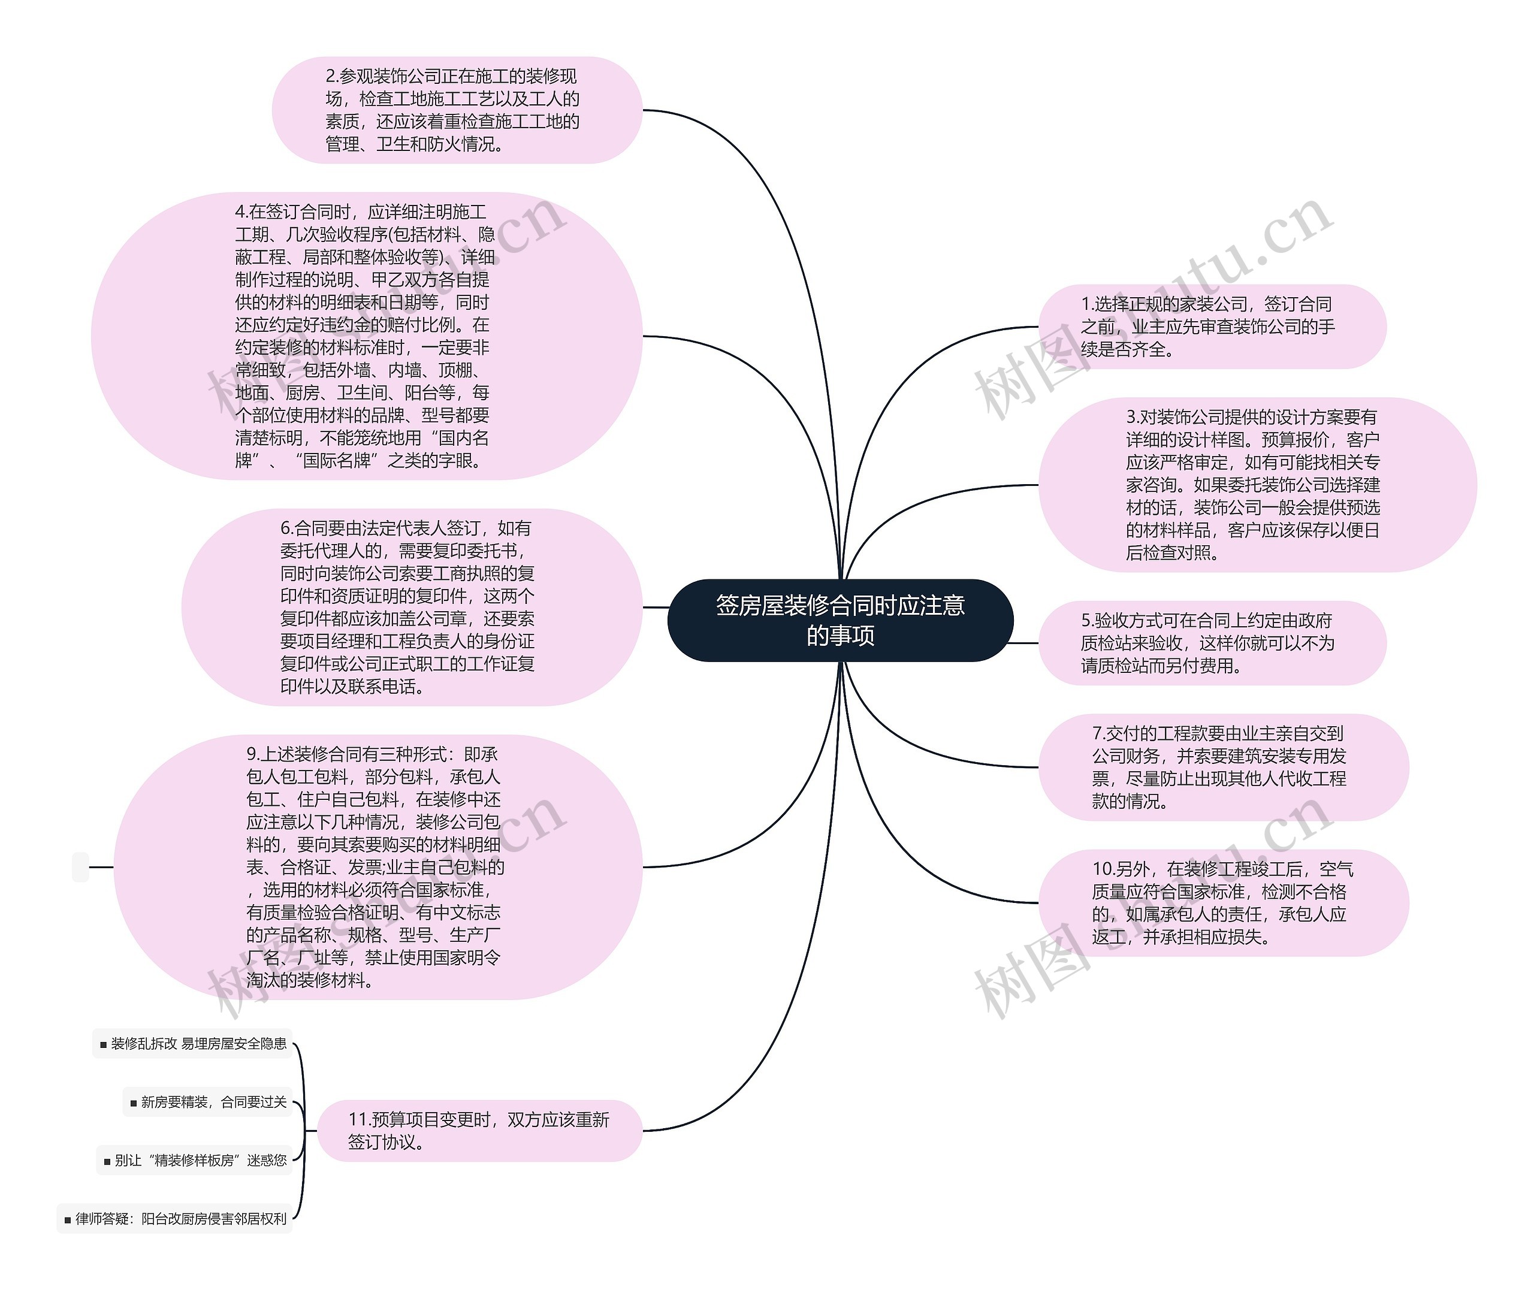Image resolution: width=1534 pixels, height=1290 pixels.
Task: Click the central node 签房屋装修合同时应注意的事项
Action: click(840, 620)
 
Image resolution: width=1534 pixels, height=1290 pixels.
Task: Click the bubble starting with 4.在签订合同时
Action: click(366, 336)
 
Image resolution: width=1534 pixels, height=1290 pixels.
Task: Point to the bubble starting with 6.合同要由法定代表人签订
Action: click(411, 607)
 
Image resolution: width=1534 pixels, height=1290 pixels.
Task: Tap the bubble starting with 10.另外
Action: click(1222, 902)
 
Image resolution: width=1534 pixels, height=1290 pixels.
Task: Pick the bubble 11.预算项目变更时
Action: click(479, 1131)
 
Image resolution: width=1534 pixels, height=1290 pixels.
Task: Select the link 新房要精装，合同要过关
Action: click(213, 1102)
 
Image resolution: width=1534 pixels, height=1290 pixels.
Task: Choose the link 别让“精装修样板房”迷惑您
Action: click(200, 1161)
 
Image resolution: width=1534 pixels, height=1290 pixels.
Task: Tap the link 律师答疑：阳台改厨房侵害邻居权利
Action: click(180, 1219)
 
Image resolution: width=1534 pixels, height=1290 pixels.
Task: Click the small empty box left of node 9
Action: click(80, 868)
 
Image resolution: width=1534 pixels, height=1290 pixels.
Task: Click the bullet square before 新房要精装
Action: click(133, 1103)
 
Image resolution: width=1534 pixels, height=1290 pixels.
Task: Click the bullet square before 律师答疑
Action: click(67, 1220)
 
